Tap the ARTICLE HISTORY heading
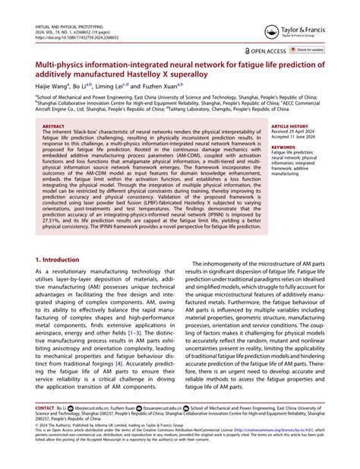[289, 126]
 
